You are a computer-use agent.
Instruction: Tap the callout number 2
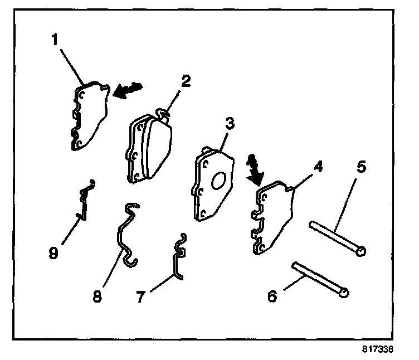(x=185, y=81)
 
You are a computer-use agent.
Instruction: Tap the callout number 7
(x=142, y=296)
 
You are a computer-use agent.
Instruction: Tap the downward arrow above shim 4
(x=254, y=170)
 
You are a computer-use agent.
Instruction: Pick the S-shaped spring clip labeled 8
(x=125, y=233)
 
